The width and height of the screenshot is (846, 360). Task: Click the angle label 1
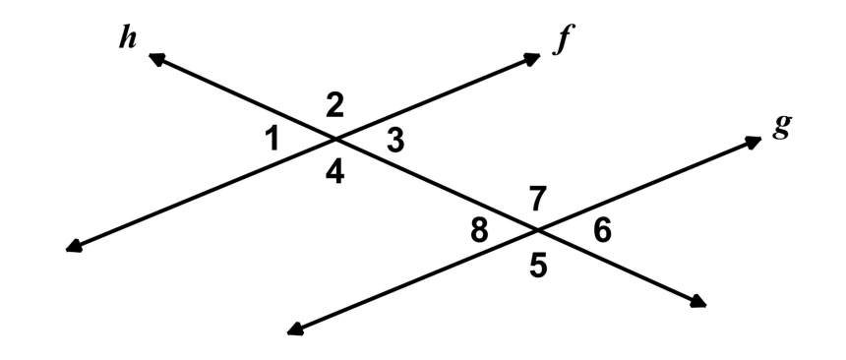(x=273, y=140)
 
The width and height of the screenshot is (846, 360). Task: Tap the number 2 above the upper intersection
(x=335, y=106)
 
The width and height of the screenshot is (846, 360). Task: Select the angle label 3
(x=395, y=142)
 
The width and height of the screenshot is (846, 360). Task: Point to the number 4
(x=335, y=174)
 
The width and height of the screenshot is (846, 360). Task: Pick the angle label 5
(x=538, y=266)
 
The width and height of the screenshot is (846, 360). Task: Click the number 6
(x=602, y=230)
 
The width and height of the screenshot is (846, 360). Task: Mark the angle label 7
(x=538, y=199)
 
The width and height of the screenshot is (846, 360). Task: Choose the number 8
(x=479, y=231)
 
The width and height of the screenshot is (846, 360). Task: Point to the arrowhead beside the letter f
(x=532, y=58)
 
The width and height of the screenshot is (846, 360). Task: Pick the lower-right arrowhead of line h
(x=698, y=302)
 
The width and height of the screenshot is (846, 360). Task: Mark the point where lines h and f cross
(x=335, y=140)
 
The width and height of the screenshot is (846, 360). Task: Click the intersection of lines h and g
(x=537, y=230)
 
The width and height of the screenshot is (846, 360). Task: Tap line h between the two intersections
(x=436, y=185)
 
